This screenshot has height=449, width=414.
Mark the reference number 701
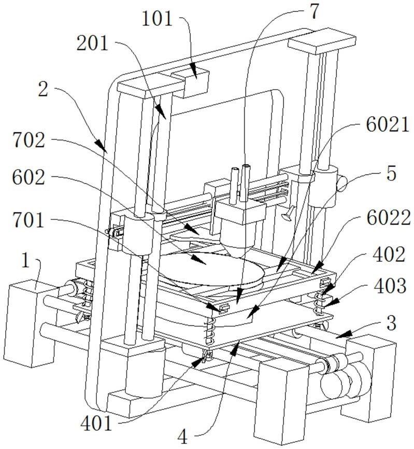(x=30, y=222)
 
